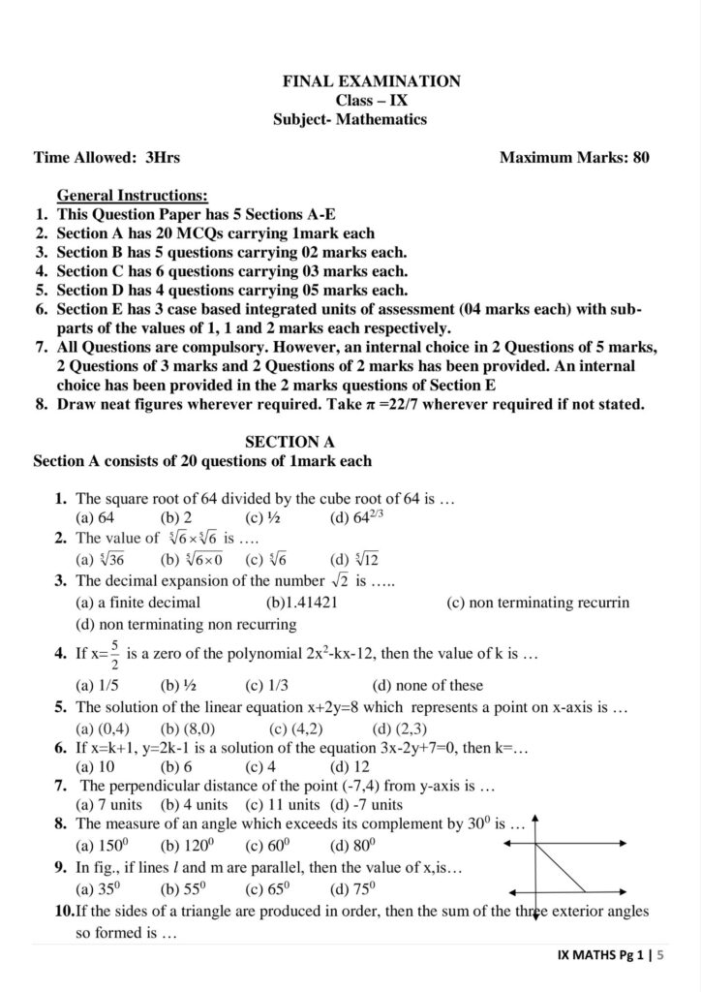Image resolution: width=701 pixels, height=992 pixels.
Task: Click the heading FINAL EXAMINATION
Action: pos(371,81)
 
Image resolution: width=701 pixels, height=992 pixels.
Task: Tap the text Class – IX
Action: pos(369,101)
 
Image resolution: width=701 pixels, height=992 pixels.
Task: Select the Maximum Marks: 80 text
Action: pos(573,156)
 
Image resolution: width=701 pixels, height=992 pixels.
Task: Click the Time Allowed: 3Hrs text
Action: pos(107,156)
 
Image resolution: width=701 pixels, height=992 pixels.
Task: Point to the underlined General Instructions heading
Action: pos(132,195)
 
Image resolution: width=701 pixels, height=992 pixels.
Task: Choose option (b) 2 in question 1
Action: pos(176,518)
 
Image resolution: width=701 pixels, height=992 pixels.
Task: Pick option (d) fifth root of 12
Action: pos(352,559)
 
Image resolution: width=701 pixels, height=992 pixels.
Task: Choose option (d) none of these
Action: pos(427,686)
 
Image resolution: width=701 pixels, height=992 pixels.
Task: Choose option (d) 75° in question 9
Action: pos(352,887)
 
